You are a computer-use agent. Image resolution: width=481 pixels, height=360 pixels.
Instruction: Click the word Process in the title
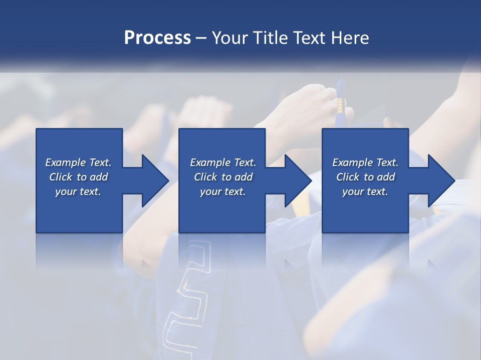157,37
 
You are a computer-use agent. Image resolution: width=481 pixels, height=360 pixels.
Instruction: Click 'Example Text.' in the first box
78,162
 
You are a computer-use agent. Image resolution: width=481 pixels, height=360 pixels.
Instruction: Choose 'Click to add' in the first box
78,177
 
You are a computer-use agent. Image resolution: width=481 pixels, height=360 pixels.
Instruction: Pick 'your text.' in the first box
78,191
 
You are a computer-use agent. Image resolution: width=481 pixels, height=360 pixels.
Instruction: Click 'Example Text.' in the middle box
222,162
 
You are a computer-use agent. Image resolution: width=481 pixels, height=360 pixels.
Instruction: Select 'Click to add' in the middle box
222,177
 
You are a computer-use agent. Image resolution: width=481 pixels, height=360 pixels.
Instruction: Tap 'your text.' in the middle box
222,191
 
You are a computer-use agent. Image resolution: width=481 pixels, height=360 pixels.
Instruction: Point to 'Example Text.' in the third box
365,162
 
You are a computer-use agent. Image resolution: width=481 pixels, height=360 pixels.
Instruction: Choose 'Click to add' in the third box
365,177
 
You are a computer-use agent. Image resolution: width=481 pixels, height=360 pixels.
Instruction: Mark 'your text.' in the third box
365,191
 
